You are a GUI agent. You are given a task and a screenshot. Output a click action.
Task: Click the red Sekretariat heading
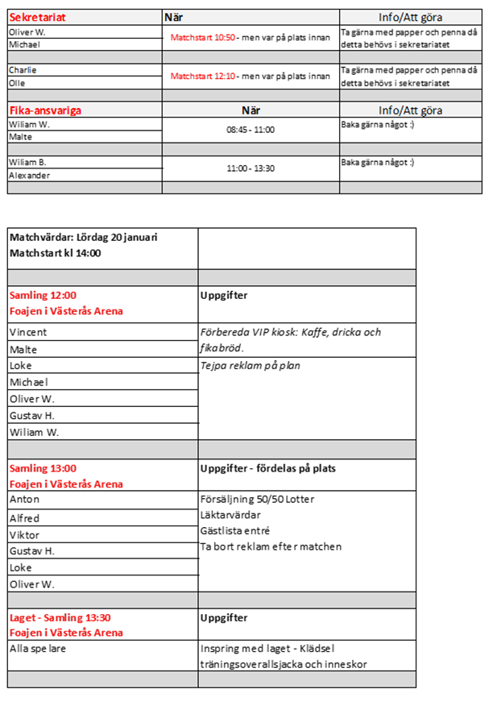click(37, 17)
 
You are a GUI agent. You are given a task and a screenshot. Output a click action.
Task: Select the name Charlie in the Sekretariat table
click(23, 70)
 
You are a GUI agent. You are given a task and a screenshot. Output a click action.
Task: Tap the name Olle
click(17, 83)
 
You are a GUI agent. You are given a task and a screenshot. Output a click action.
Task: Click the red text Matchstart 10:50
click(202, 38)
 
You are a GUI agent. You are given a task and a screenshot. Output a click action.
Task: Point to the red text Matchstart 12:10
click(202, 77)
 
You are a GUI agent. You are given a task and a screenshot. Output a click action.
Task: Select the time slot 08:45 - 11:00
click(251, 129)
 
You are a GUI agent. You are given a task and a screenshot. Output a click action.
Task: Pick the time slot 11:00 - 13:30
click(251, 168)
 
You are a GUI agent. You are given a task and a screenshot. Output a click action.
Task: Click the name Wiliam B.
click(27, 162)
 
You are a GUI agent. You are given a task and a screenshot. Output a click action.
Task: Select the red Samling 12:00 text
click(43, 296)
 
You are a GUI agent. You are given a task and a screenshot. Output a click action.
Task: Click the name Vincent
click(28, 332)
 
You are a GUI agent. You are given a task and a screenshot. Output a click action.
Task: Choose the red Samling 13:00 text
click(43, 468)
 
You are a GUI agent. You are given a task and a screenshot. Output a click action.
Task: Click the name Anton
click(24, 500)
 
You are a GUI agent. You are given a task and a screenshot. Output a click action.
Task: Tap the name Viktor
click(24, 535)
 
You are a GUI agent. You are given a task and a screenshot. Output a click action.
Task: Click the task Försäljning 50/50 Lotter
click(257, 500)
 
